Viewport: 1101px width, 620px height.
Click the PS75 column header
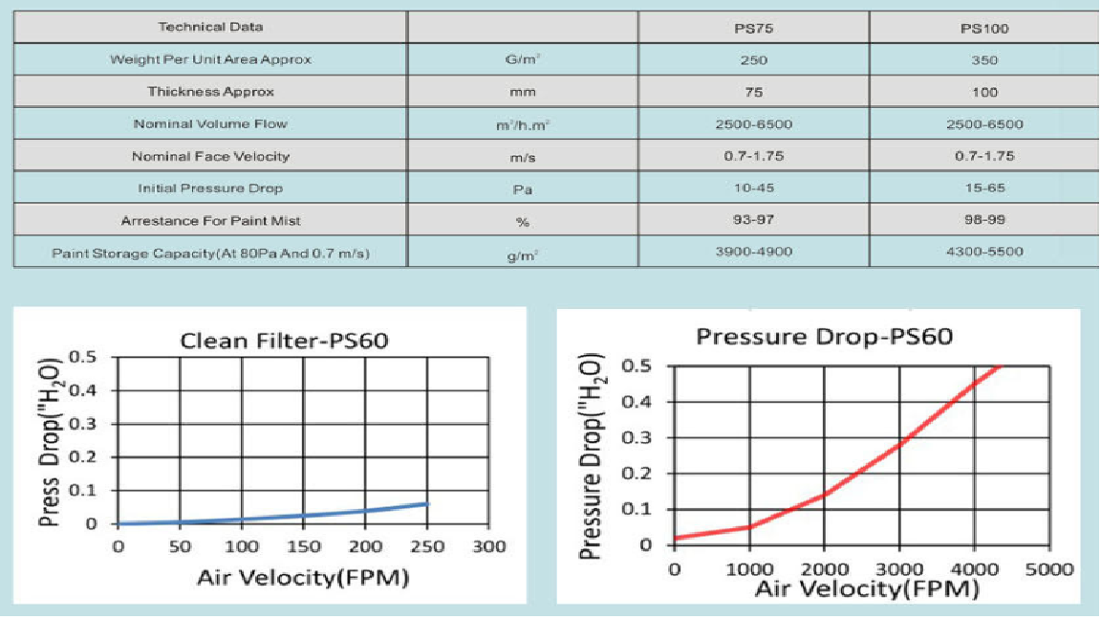(754, 28)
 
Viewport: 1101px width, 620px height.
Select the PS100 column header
(984, 28)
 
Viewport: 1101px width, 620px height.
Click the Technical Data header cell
(210, 27)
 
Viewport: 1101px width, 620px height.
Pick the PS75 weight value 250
(754, 59)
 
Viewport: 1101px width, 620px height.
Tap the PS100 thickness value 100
(984, 92)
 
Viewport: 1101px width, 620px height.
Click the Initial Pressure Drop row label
(210, 188)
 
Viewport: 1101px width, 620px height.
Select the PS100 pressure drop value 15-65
(984, 188)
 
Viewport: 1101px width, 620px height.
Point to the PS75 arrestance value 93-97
(754, 220)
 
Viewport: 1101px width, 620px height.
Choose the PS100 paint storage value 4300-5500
(984, 252)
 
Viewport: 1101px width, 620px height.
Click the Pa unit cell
(523, 188)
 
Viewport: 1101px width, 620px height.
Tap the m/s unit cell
(523, 156)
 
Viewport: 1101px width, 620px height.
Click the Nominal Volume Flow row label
(210, 123)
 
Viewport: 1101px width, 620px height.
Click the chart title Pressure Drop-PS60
(824, 338)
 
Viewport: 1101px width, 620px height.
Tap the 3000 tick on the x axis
(899, 570)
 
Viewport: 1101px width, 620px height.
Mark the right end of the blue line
(428, 503)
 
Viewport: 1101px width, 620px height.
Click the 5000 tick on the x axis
(1048, 570)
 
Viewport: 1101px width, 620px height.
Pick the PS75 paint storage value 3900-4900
(754, 252)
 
